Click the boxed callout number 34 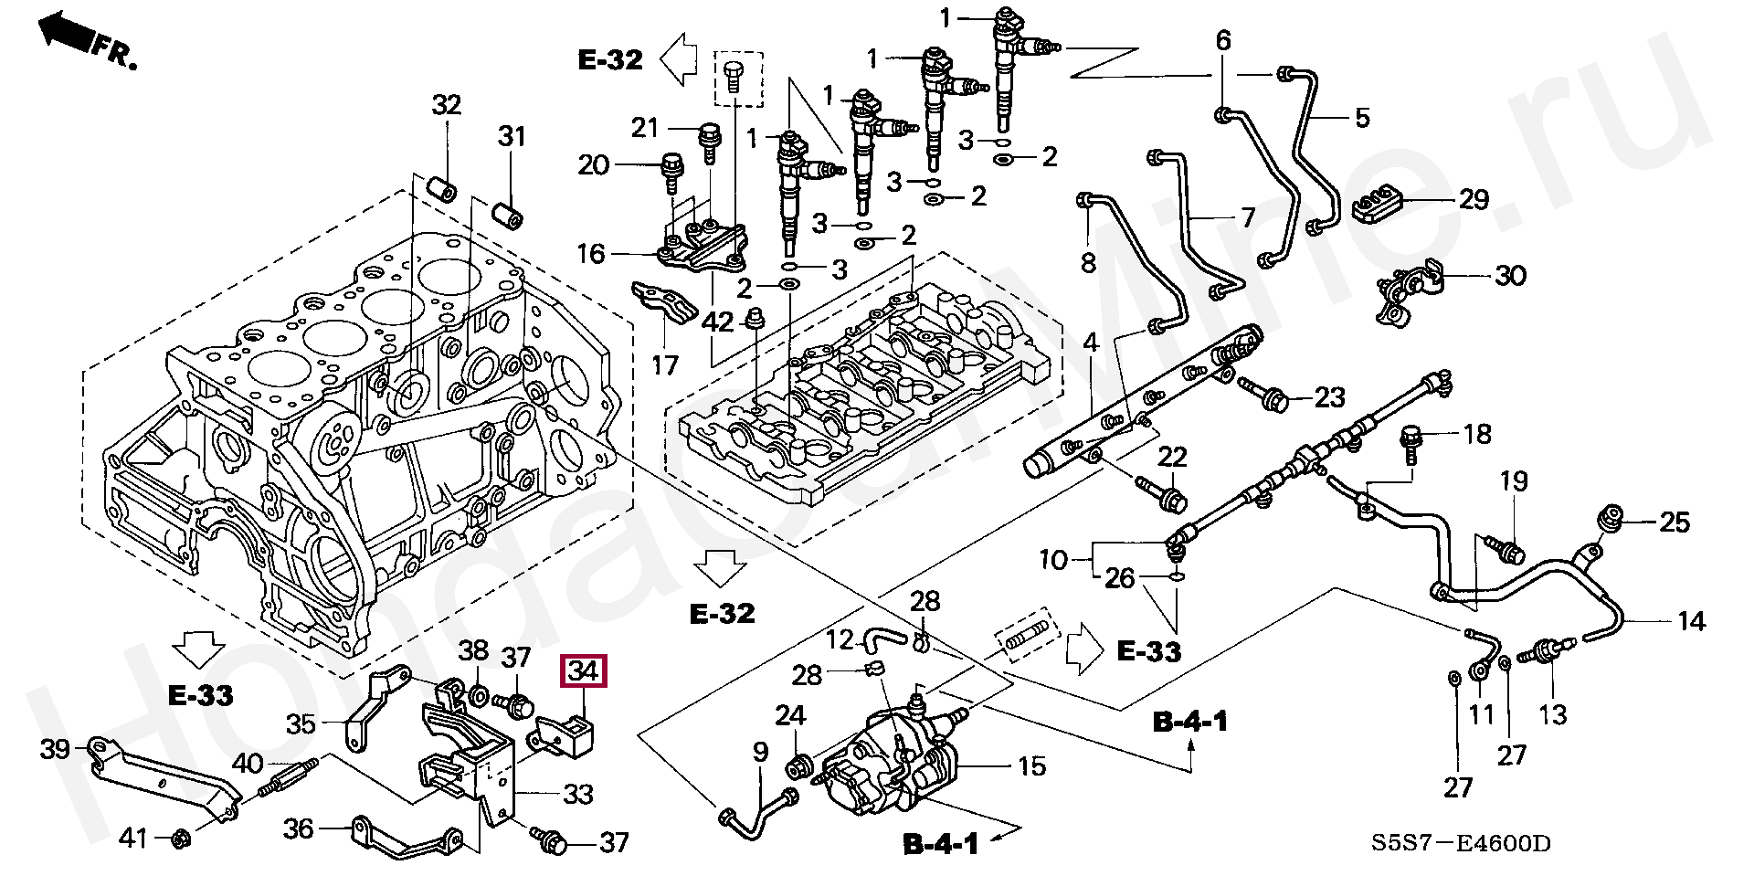[x=583, y=672]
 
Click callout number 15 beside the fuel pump [x=1031, y=765]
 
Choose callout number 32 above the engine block [x=447, y=105]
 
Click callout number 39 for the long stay [x=55, y=749]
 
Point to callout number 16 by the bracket [x=591, y=253]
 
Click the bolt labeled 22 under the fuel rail [x=1160, y=491]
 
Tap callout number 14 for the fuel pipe [x=1691, y=621]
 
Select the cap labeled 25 [x=1611, y=520]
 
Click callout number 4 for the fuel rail [x=1091, y=343]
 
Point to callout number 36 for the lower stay [x=299, y=829]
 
